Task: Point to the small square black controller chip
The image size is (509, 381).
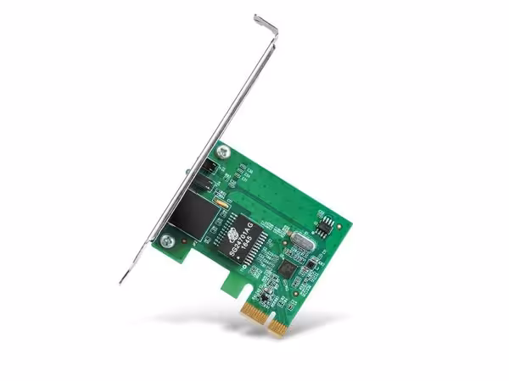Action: click(286, 268)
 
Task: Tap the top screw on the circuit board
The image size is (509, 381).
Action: click(222, 152)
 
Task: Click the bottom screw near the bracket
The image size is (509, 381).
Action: click(167, 241)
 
